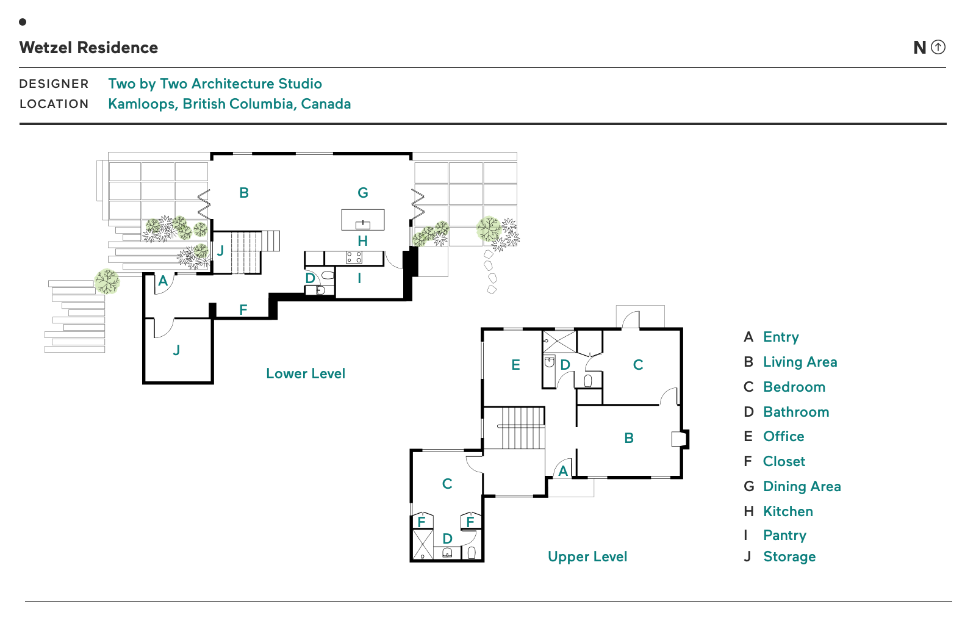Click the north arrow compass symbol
(938, 47)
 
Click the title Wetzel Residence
(88, 48)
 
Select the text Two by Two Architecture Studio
(215, 84)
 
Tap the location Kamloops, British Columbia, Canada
(229, 104)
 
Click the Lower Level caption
(305, 373)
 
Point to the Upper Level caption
(587, 556)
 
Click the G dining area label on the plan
(363, 193)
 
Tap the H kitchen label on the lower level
(363, 241)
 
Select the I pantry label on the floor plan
(359, 278)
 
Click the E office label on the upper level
(515, 365)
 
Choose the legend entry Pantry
(784, 535)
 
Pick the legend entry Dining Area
(802, 486)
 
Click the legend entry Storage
(789, 556)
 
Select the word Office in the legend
(783, 436)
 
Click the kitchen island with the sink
(363, 220)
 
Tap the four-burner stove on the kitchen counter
(354, 257)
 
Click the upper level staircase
(522, 428)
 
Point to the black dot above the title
(23, 22)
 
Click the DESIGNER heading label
(54, 84)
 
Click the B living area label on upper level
(629, 438)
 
